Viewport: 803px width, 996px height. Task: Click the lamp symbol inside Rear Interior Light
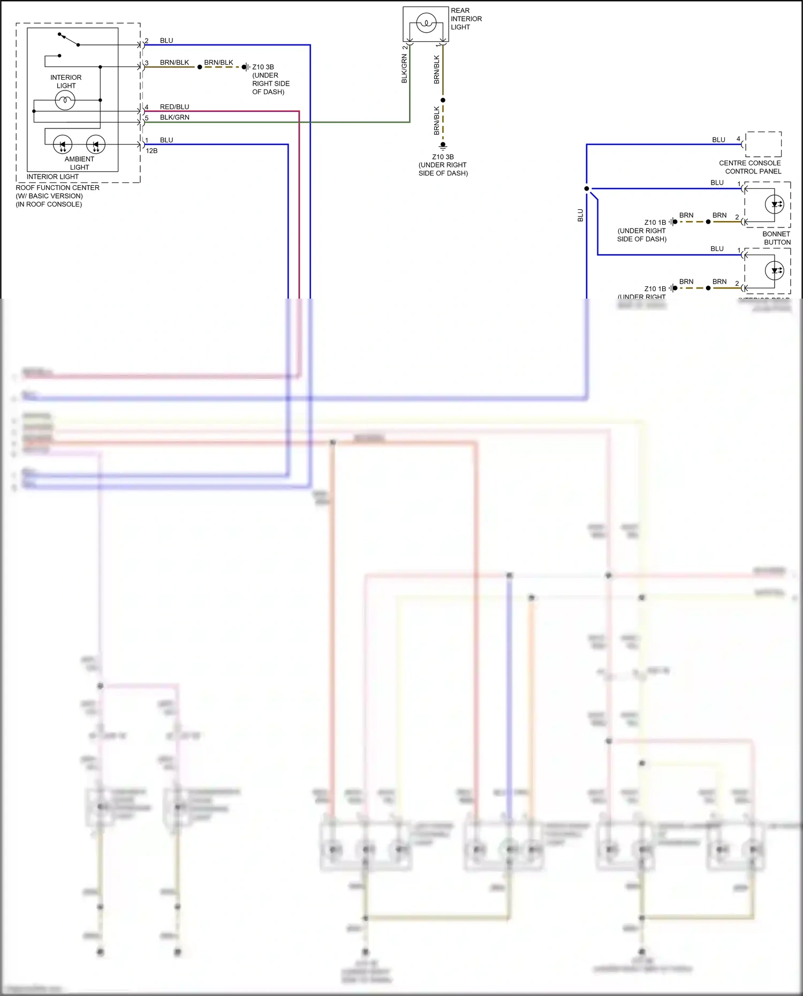426,23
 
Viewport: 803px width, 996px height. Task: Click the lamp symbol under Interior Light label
65,100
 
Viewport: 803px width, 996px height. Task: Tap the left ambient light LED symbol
63,144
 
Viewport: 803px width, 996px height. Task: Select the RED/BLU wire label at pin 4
175,107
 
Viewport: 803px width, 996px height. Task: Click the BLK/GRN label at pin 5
175,117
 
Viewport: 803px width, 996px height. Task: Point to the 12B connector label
151,151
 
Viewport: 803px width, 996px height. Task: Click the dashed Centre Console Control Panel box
763,144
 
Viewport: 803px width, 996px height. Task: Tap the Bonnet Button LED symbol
775,204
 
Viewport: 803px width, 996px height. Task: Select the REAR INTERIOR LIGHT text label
466,19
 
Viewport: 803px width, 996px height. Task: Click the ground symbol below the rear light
443,145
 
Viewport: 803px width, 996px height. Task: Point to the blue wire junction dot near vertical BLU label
587,188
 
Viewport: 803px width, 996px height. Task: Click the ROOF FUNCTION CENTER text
57,188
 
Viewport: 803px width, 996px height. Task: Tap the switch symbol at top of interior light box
69,40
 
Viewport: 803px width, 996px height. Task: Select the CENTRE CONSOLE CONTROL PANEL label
750,167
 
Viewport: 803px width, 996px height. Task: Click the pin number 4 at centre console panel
738,139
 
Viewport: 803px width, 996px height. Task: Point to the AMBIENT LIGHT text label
79,163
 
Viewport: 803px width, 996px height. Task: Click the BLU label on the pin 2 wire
166,41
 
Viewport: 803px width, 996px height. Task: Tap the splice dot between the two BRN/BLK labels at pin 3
200,67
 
